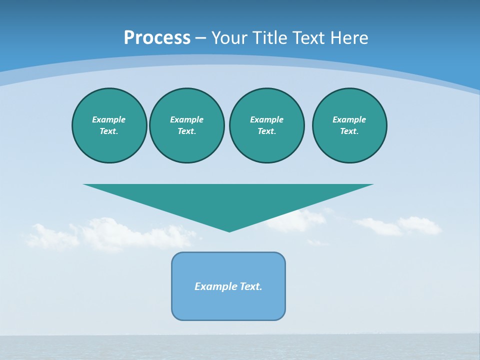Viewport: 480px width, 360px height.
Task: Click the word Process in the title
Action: pos(157,38)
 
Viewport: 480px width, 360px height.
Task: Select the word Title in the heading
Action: pos(273,38)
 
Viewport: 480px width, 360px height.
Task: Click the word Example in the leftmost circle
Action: pos(109,119)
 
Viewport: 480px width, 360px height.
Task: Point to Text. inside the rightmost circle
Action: pos(349,131)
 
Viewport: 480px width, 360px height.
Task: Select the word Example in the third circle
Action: pos(266,119)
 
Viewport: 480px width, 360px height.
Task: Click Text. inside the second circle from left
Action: pos(186,131)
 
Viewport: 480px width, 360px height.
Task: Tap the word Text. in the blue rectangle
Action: pos(251,286)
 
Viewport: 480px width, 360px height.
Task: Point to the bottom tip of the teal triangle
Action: pos(229,230)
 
